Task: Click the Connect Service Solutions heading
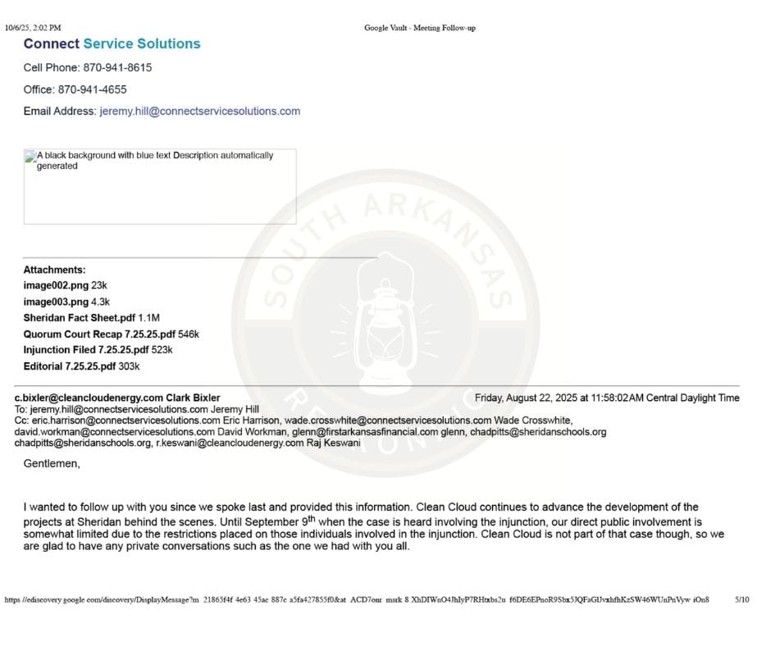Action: pyautogui.click(x=112, y=44)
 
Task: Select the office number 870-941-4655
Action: pyautogui.click(x=92, y=89)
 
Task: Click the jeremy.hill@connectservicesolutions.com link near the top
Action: pyautogui.click(x=199, y=111)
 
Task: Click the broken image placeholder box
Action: pyautogui.click(x=160, y=186)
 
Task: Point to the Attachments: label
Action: pyautogui.click(x=54, y=270)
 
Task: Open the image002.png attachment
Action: pyautogui.click(x=56, y=285)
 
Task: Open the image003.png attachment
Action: pyautogui.click(x=56, y=302)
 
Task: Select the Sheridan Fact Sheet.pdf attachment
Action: pyautogui.click(x=80, y=318)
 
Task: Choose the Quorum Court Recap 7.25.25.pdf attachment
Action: pyautogui.click(x=99, y=334)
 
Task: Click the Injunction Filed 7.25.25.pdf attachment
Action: pyautogui.click(x=86, y=350)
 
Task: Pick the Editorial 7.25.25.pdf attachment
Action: pyautogui.click(x=70, y=366)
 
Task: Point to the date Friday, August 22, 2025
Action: pyautogui.click(x=526, y=398)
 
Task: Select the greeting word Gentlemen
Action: pyautogui.click(x=52, y=464)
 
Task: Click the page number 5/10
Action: pyautogui.click(x=741, y=600)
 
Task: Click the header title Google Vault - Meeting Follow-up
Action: pyautogui.click(x=420, y=28)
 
